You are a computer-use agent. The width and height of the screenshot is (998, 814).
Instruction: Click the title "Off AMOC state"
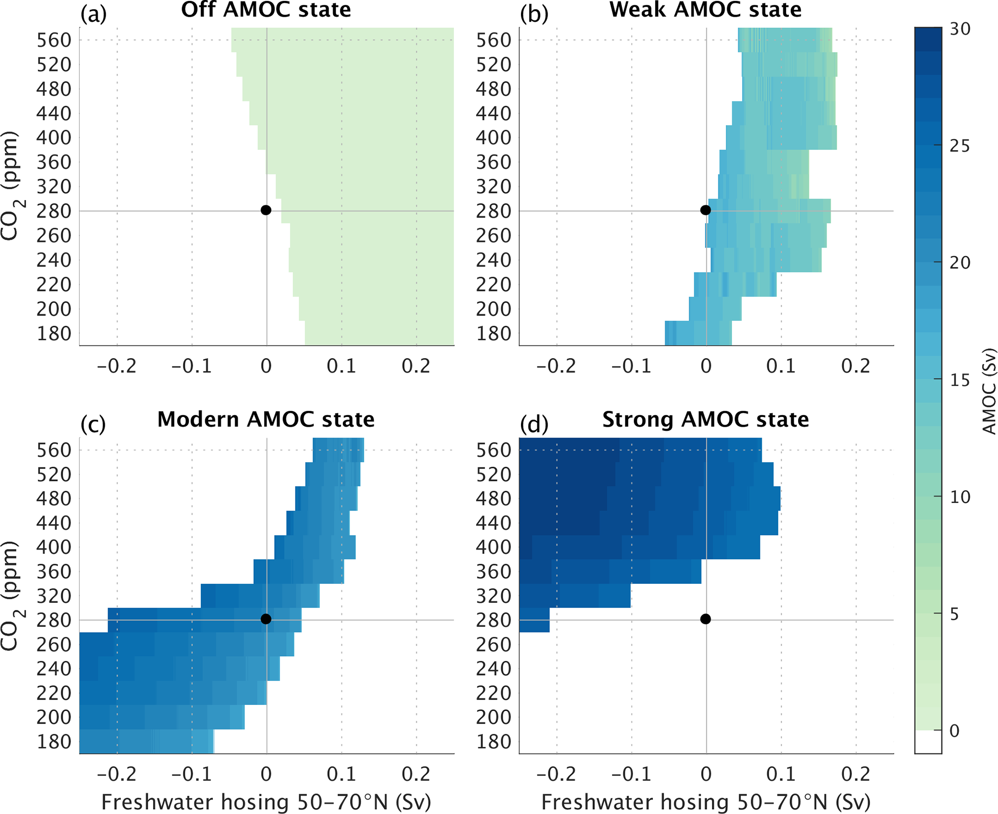coord(266,10)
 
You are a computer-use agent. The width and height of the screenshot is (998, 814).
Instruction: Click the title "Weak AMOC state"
coord(705,10)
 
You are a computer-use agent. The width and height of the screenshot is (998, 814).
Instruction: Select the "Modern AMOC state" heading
coord(266,419)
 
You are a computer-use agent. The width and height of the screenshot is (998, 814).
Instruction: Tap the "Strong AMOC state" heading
coord(705,419)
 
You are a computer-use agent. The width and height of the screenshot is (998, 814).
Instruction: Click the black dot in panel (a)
coord(266,210)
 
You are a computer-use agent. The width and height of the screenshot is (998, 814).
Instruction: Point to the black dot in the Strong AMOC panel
coord(705,619)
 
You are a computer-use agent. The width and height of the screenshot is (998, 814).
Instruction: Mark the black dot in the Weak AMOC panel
coord(705,210)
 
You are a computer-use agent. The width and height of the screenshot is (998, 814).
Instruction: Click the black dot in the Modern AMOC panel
coord(266,619)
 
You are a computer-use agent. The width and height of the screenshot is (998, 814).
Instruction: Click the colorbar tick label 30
coord(960,29)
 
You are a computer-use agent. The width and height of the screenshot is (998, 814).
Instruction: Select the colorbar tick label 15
coord(959,380)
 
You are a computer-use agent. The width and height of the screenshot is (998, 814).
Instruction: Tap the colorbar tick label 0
coord(954,731)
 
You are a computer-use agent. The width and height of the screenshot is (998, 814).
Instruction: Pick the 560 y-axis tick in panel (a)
coord(54,40)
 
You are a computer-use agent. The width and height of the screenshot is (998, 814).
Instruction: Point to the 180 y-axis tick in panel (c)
coord(54,742)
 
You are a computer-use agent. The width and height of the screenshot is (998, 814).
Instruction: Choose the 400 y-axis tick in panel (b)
coord(493,138)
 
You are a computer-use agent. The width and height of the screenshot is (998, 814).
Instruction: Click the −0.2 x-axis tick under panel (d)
coord(556,774)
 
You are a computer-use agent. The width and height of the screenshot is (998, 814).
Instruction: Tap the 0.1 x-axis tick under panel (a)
coord(341,367)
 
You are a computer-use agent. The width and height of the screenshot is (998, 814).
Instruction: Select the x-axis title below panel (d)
coord(705,802)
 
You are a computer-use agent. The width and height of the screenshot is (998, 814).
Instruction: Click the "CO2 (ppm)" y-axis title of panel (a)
coord(10,186)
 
